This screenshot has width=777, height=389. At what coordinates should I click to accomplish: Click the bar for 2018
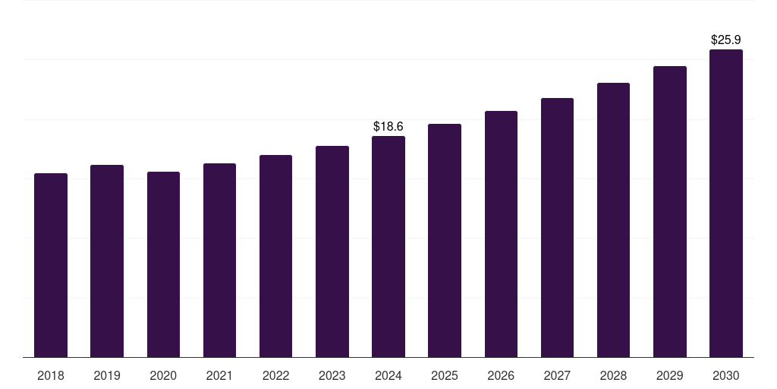[51, 265]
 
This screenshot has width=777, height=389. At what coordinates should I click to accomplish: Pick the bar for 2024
[388, 247]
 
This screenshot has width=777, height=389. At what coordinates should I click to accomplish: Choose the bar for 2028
[613, 220]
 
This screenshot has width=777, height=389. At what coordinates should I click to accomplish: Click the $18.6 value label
[388, 126]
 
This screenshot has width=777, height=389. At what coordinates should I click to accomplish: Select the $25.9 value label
[726, 40]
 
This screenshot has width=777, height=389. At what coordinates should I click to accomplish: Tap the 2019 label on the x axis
[107, 375]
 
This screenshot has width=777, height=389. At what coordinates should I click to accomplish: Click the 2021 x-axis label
[219, 375]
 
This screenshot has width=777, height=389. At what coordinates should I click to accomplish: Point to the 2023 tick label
[332, 375]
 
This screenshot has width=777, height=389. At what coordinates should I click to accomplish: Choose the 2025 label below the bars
[445, 375]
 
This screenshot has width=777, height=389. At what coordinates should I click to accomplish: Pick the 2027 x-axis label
[557, 375]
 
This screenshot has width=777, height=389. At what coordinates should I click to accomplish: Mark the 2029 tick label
[670, 375]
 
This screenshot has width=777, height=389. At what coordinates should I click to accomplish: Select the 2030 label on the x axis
[726, 375]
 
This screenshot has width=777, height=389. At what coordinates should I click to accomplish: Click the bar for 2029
[670, 212]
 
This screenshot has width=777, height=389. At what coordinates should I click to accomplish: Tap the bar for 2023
[332, 251]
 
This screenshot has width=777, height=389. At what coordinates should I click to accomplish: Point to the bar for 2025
[445, 241]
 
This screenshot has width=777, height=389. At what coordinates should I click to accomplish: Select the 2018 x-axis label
[51, 375]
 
